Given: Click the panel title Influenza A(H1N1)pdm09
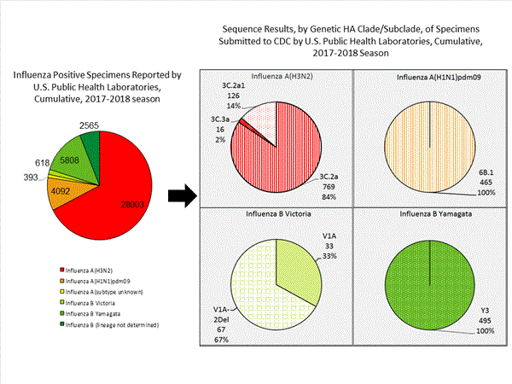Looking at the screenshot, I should [x=428, y=79].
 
